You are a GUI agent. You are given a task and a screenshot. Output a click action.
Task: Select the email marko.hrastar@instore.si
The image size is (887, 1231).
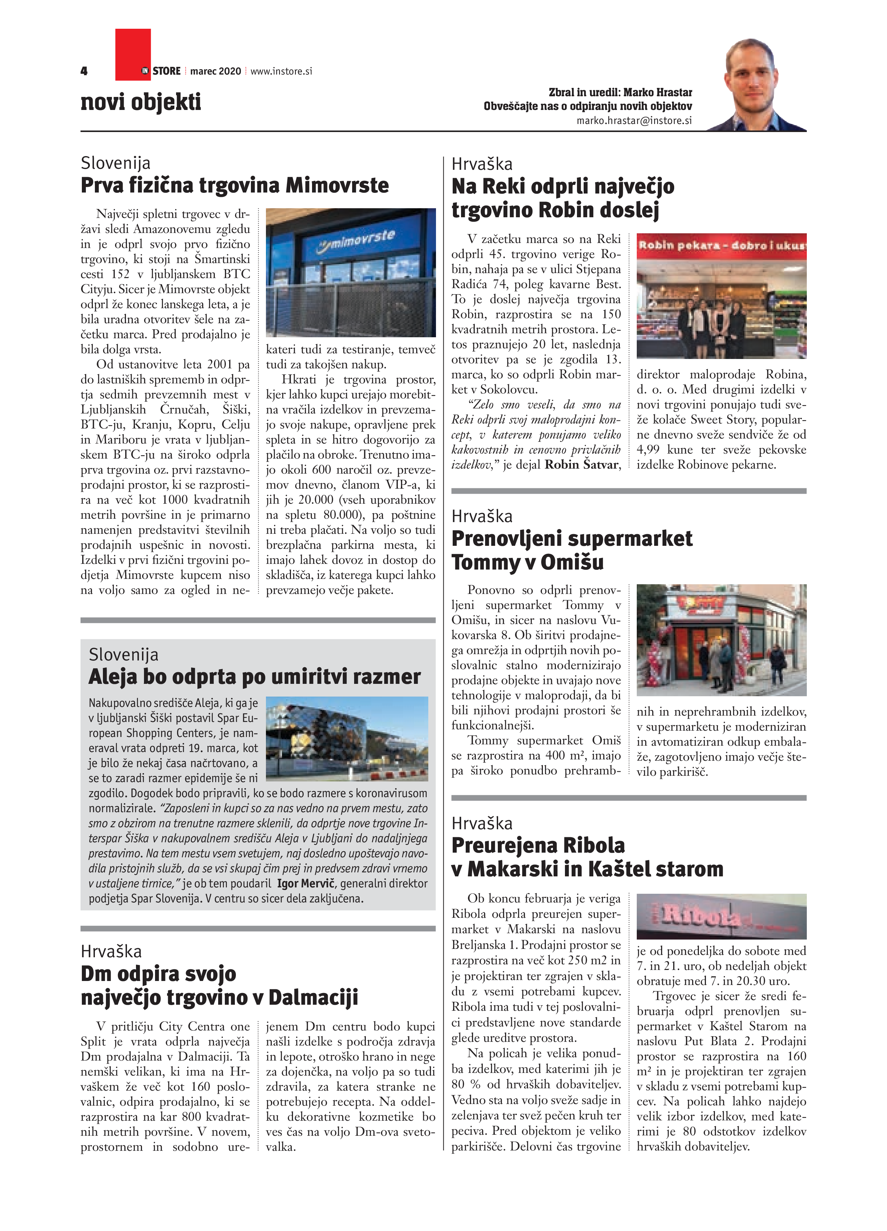point(634,121)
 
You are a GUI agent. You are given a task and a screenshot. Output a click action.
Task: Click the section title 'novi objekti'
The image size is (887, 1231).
point(141,102)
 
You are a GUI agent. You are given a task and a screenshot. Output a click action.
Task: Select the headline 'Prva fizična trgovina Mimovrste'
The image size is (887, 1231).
point(235,186)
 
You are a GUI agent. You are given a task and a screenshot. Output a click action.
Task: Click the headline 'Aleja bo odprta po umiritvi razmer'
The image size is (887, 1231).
point(255,677)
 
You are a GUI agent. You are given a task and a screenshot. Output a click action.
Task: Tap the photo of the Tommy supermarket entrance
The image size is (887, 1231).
point(721,640)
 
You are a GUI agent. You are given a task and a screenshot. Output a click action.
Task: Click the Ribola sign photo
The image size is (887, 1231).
point(721,917)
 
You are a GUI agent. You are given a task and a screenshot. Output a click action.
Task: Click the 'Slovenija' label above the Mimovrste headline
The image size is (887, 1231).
point(116,163)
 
